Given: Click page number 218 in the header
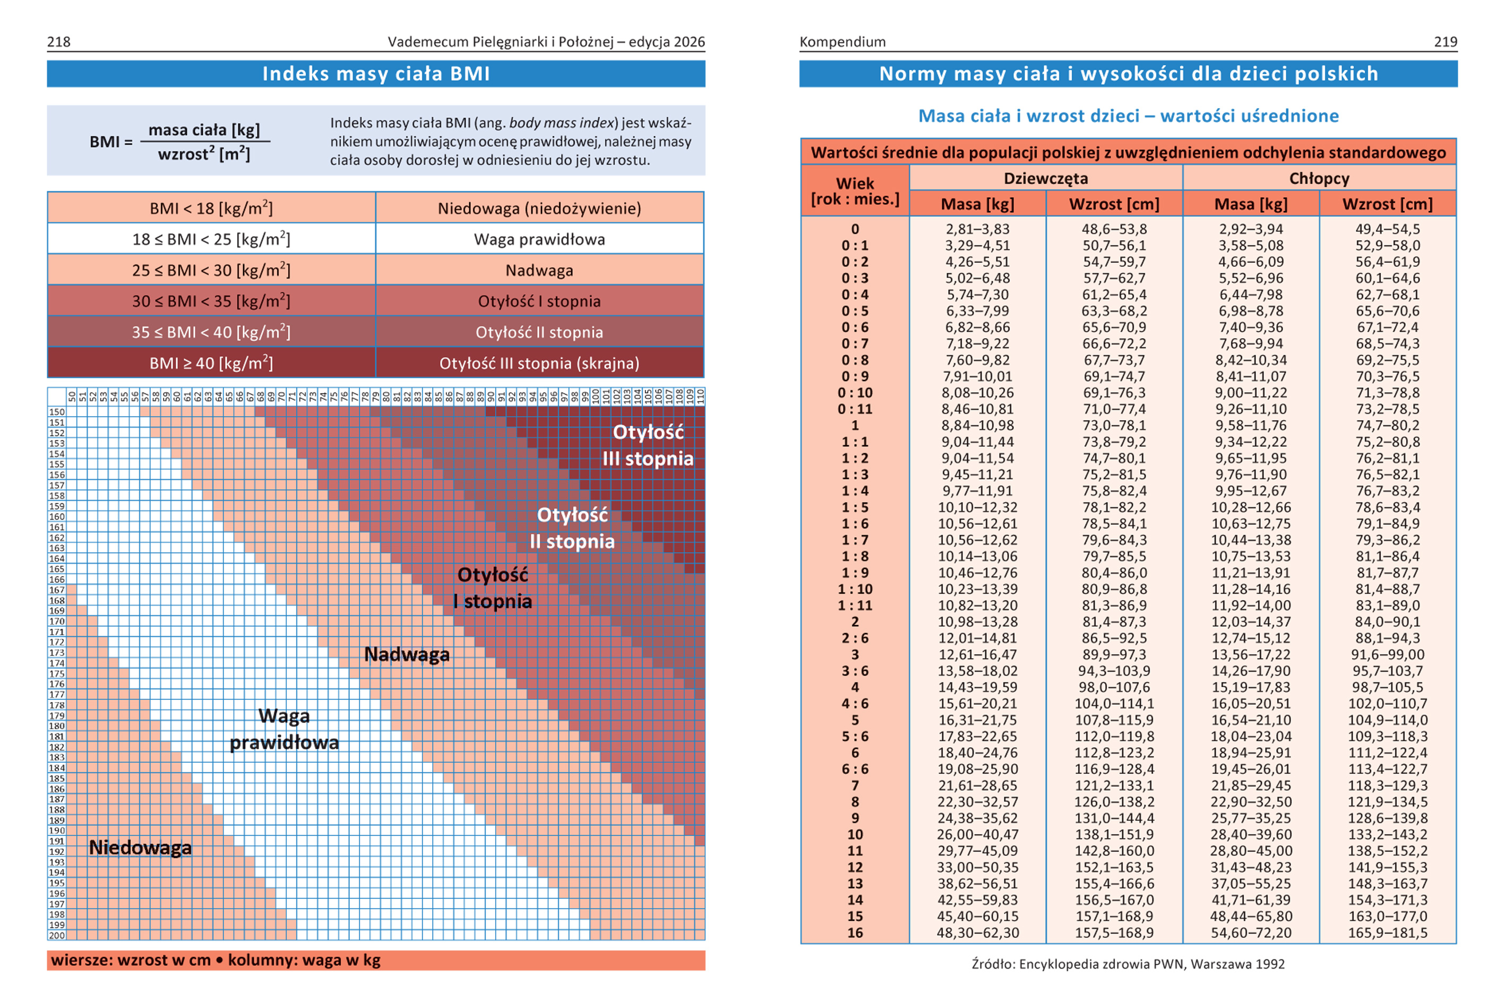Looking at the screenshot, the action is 59,41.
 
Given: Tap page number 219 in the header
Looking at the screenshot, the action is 1446,41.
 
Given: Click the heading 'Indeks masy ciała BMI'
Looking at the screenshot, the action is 376,74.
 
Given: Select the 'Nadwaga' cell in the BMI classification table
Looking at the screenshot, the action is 539,270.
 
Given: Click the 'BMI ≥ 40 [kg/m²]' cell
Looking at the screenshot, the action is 211,362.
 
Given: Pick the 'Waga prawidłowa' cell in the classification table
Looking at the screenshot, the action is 539,239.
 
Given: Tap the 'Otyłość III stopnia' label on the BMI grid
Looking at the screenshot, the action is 648,445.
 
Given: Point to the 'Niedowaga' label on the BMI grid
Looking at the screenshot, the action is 140,848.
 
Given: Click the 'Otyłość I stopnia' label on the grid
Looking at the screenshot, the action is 493,588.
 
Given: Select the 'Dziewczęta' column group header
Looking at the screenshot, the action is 1046,178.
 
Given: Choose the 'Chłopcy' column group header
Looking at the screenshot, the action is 1319,178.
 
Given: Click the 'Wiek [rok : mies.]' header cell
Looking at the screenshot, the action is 855,191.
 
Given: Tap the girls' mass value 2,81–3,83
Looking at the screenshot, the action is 978,229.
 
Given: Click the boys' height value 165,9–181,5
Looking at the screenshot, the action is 1388,932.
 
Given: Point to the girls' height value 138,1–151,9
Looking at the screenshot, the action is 1114,835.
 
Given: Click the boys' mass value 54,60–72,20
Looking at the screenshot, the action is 1251,932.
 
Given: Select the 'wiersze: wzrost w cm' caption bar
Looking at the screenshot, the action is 376,960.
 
